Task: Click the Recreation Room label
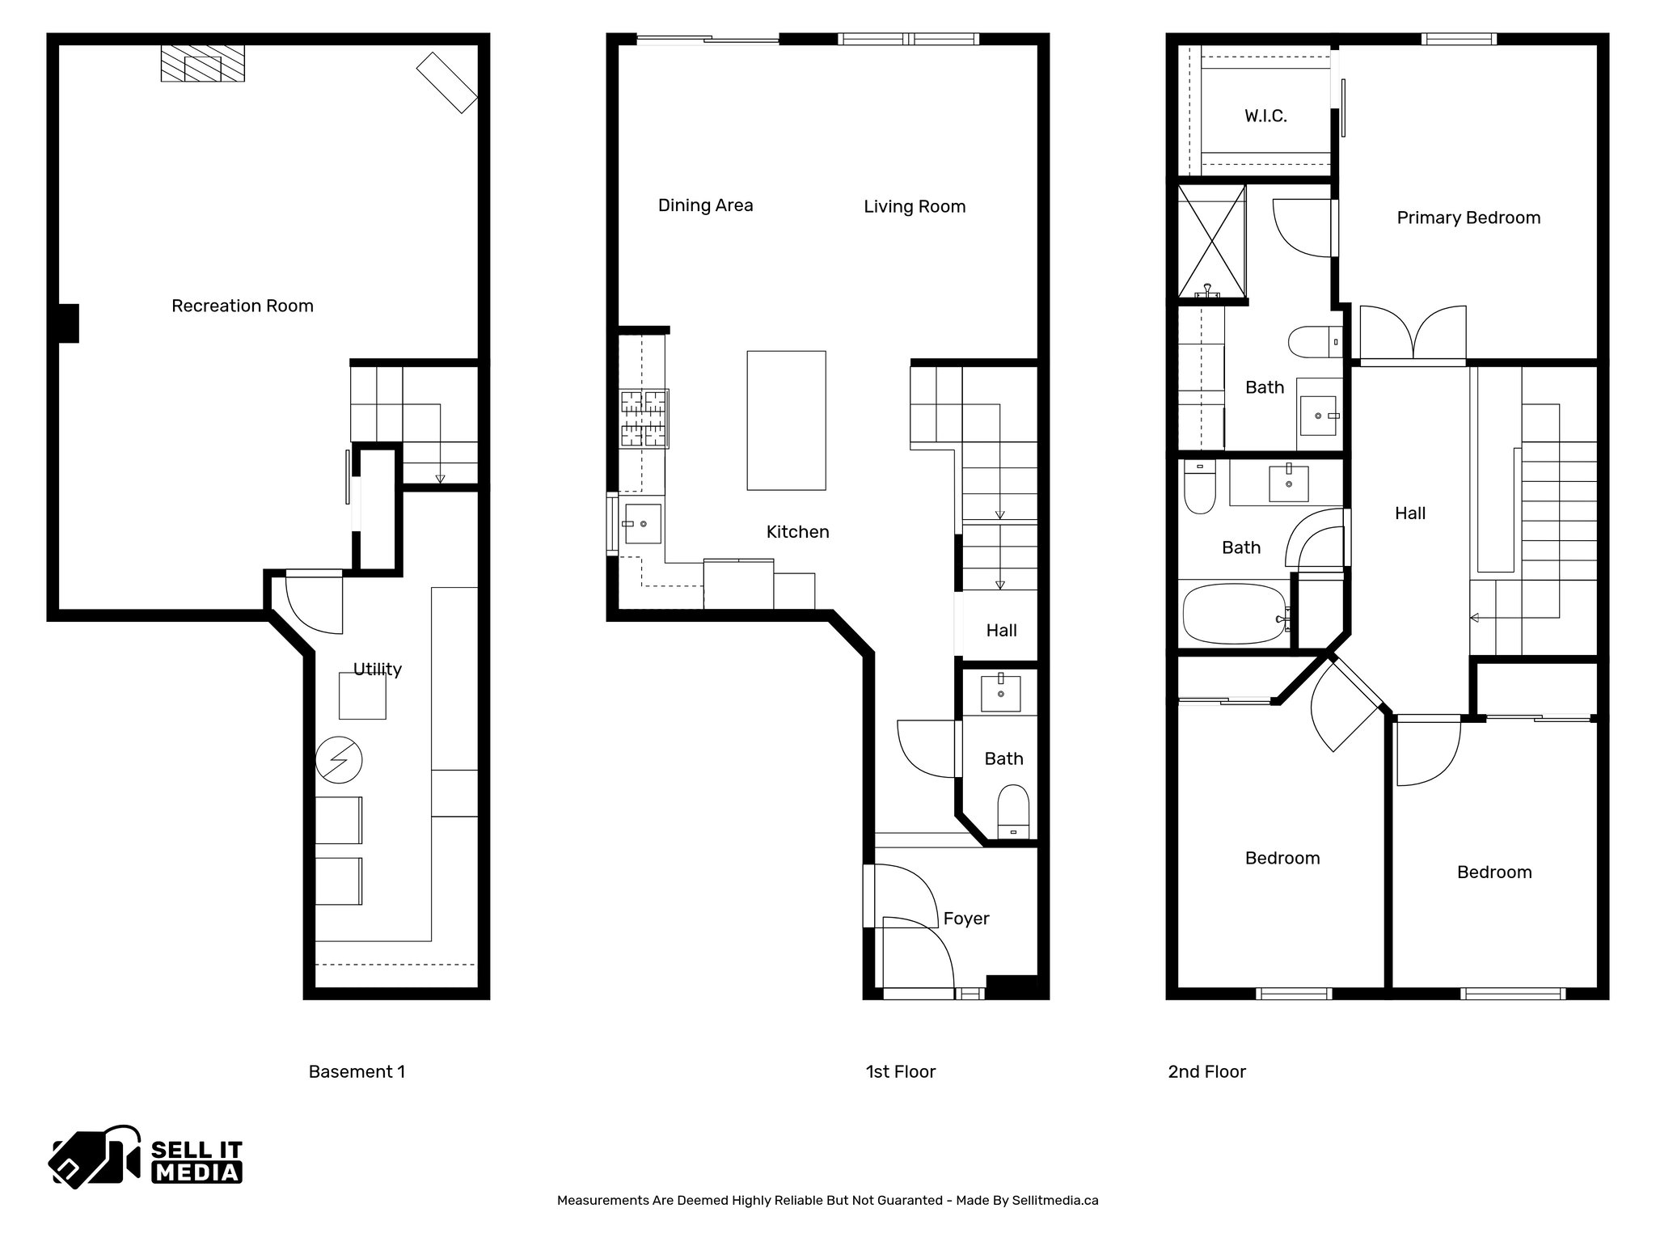point(242,306)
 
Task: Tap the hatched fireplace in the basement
point(202,63)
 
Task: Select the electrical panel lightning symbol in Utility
point(339,759)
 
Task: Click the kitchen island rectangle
point(786,420)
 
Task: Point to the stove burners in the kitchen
point(644,418)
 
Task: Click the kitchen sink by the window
point(642,523)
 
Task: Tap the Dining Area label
point(705,205)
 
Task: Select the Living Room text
point(914,207)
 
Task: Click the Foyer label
point(965,919)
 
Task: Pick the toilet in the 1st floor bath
point(1012,811)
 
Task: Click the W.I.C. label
point(1265,116)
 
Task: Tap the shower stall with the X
point(1210,240)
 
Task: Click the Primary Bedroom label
point(1468,218)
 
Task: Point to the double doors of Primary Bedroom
point(1413,333)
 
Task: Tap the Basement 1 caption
point(357,1071)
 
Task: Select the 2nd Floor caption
point(1206,1071)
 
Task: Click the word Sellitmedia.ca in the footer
point(1054,1200)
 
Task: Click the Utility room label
point(377,670)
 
